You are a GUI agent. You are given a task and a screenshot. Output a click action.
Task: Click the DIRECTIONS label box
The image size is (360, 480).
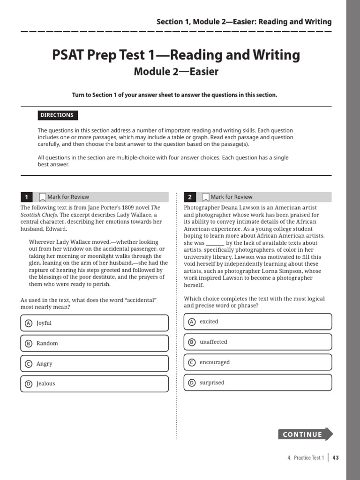coord(57,115)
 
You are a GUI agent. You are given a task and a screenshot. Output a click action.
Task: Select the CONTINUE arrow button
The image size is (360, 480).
coord(305,434)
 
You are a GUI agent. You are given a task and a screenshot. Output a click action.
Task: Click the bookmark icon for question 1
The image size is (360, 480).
coord(42,197)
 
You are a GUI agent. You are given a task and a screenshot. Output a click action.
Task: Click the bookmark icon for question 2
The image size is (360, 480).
coord(205,197)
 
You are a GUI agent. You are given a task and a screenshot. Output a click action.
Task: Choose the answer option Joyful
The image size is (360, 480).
coord(94,323)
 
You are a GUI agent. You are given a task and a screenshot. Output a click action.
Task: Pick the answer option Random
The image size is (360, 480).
coord(94,343)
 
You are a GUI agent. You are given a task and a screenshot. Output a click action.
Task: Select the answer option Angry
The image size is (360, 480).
coord(94,364)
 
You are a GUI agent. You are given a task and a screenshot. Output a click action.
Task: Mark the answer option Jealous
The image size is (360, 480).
coord(94,384)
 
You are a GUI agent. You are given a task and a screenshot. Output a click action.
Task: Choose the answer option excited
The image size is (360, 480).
coord(257,322)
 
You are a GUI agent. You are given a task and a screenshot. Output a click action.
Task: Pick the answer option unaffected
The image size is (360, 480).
coord(257,342)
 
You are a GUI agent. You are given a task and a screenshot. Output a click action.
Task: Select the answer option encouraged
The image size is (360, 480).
coord(257,362)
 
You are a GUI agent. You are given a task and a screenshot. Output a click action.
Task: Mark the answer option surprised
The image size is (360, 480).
coord(257,382)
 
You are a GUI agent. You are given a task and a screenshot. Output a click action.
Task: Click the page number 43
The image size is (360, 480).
coord(336,457)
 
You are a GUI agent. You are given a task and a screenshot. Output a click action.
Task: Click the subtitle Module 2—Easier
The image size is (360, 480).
coord(176,72)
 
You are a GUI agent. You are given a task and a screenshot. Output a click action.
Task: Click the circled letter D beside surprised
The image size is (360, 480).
coord(191,383)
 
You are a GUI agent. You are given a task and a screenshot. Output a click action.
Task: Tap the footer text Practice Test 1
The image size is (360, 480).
coord(308,457)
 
